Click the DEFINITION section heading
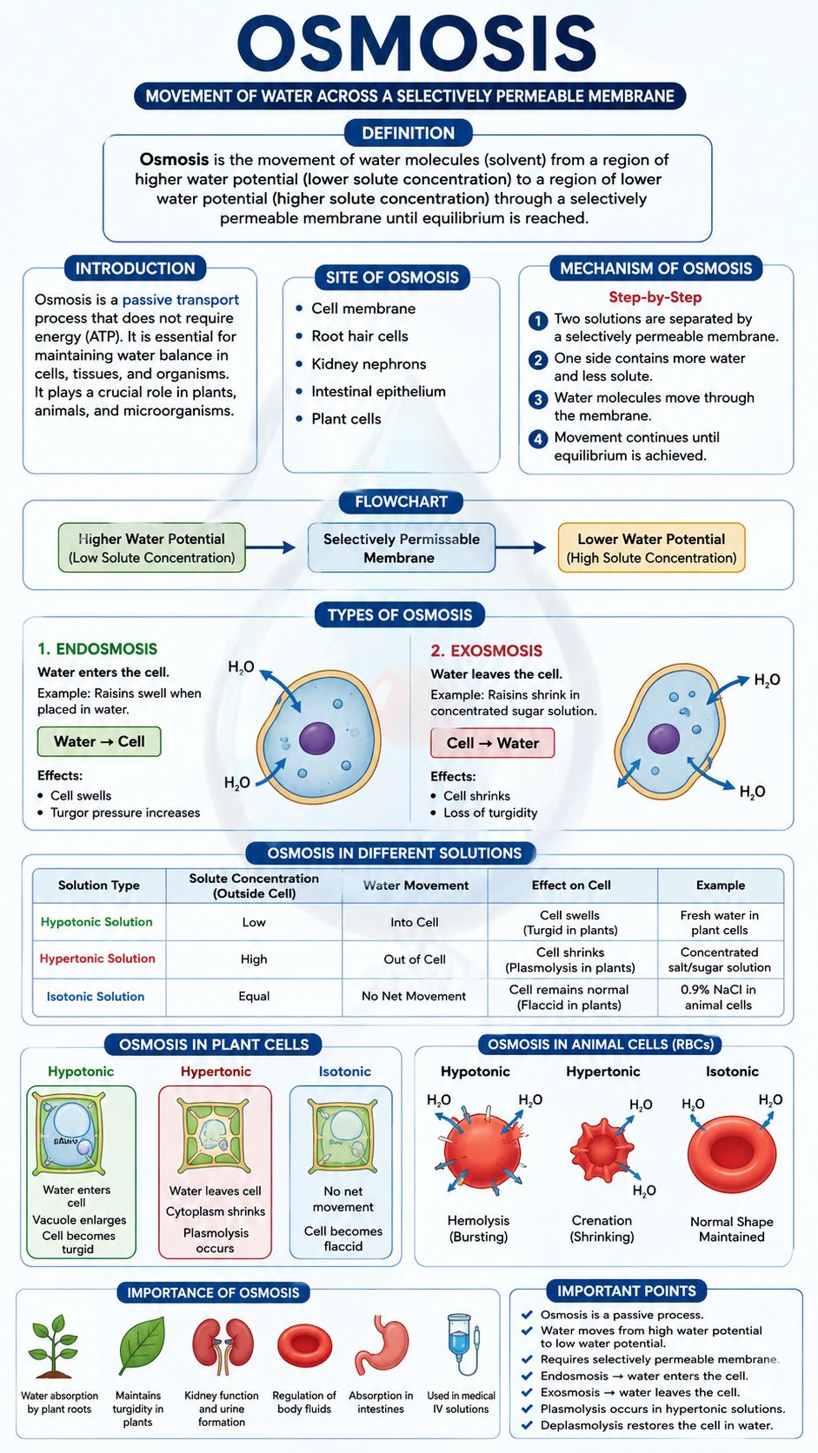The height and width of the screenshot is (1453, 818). point(408,133)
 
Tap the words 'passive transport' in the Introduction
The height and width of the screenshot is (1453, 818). point(180,300)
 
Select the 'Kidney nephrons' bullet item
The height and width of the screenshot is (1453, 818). point(369,364)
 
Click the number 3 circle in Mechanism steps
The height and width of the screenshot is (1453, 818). point(537,399)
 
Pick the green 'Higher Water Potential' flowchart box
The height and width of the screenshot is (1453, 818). point(152,547)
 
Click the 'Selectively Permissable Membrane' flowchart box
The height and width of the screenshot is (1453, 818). point(402,548)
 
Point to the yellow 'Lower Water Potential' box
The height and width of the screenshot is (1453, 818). point(651,548)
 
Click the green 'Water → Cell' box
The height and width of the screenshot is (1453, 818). point(99,741)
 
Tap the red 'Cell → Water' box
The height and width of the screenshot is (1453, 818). point(492,743)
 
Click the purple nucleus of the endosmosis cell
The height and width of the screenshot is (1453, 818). point(316,738)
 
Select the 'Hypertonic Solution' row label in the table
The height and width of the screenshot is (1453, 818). point(97,958)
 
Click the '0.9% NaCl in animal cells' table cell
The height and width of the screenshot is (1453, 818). point(719,997)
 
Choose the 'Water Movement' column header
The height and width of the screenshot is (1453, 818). point(416,885)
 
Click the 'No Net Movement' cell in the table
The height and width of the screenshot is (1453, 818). point(414,996)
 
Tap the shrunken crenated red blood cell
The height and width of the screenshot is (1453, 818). point(602,1150)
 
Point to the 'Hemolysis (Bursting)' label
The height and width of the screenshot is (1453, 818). point(479,1228)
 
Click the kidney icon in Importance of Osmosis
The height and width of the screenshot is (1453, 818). point(223,1344)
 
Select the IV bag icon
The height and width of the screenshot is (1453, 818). point(462,1344)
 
